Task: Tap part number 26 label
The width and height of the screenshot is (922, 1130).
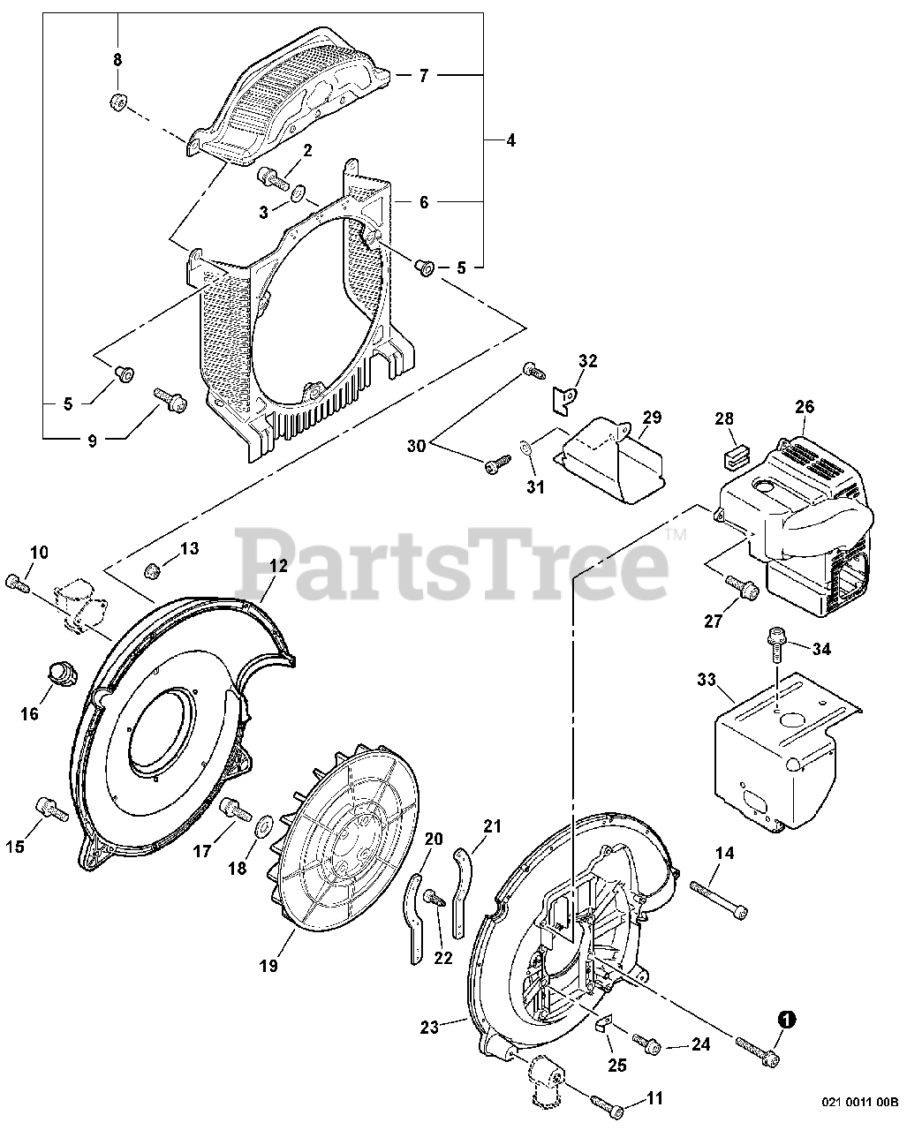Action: (805, 407)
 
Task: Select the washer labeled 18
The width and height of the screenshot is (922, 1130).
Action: (263, 831)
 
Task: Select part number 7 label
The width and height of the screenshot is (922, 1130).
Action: (423, 77)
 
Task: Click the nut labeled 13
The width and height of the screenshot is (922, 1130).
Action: (151, 569)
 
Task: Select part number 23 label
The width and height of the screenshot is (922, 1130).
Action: (429, 1027)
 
